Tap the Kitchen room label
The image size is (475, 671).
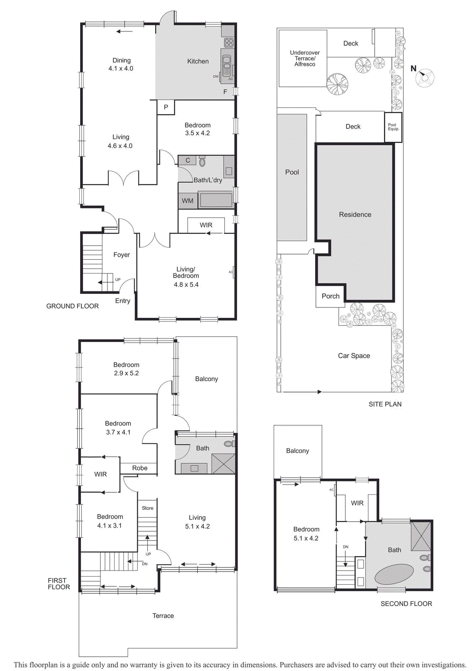pos(198,61)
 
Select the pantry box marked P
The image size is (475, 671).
pos(166,107)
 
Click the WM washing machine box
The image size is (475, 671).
pos(188,201)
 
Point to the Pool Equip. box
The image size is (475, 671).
pos(393,127)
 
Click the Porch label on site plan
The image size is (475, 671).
pos(330,296)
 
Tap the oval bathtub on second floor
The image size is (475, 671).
pos(394,574)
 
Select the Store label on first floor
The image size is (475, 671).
pos(147,508)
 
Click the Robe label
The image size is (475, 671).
pos(140,468)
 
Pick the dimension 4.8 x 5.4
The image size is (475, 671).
pos(186,284)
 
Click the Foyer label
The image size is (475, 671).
pos(121,255)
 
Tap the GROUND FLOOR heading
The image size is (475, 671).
pos(73,306)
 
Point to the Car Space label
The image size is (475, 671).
pos(354,356)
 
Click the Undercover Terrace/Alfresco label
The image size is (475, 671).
pos(305,58)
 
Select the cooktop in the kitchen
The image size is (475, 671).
pos(229,42)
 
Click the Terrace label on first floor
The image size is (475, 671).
pos(163,616)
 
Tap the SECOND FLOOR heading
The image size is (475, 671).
pos(406,603)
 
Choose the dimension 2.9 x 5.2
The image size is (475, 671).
pos(126,373)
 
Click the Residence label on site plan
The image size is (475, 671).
pos(355,214)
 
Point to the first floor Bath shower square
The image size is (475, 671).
pos(223,464)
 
